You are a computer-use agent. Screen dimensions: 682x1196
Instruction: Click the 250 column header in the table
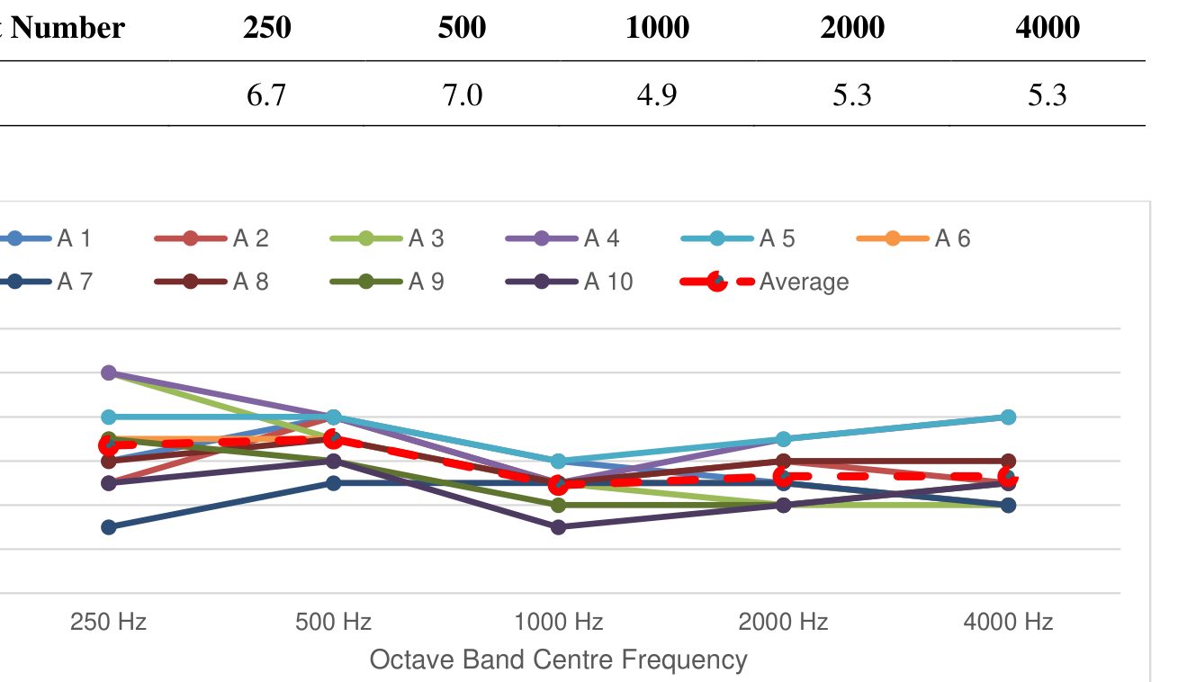coord(267,28)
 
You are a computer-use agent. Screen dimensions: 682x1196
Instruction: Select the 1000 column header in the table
coord(658,28)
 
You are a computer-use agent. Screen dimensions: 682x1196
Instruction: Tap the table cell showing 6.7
coord(266,94)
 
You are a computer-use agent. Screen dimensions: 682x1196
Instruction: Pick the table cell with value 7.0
coord(463,94)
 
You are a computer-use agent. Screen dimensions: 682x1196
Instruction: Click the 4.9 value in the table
coord(657,94)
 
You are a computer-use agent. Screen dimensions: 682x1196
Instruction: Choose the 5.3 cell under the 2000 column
coord(852,94)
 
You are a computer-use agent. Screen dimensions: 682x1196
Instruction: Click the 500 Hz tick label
coord(333,622)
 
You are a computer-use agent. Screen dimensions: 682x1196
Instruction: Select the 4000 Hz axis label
coord(1008,622)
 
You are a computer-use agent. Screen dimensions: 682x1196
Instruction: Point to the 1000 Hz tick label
coord(558,622)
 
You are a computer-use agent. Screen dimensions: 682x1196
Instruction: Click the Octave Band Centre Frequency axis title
coord(558,660)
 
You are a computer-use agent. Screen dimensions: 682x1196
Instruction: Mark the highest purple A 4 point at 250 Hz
coord(109,372)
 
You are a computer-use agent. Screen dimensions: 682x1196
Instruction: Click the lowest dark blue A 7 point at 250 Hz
coord(109,526)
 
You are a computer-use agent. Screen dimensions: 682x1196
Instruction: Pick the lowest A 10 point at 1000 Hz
coord(558,526)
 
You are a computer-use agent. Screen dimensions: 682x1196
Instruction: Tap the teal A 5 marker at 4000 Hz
coord(1008,417)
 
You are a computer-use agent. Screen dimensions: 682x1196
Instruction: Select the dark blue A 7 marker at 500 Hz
coord(333,483)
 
